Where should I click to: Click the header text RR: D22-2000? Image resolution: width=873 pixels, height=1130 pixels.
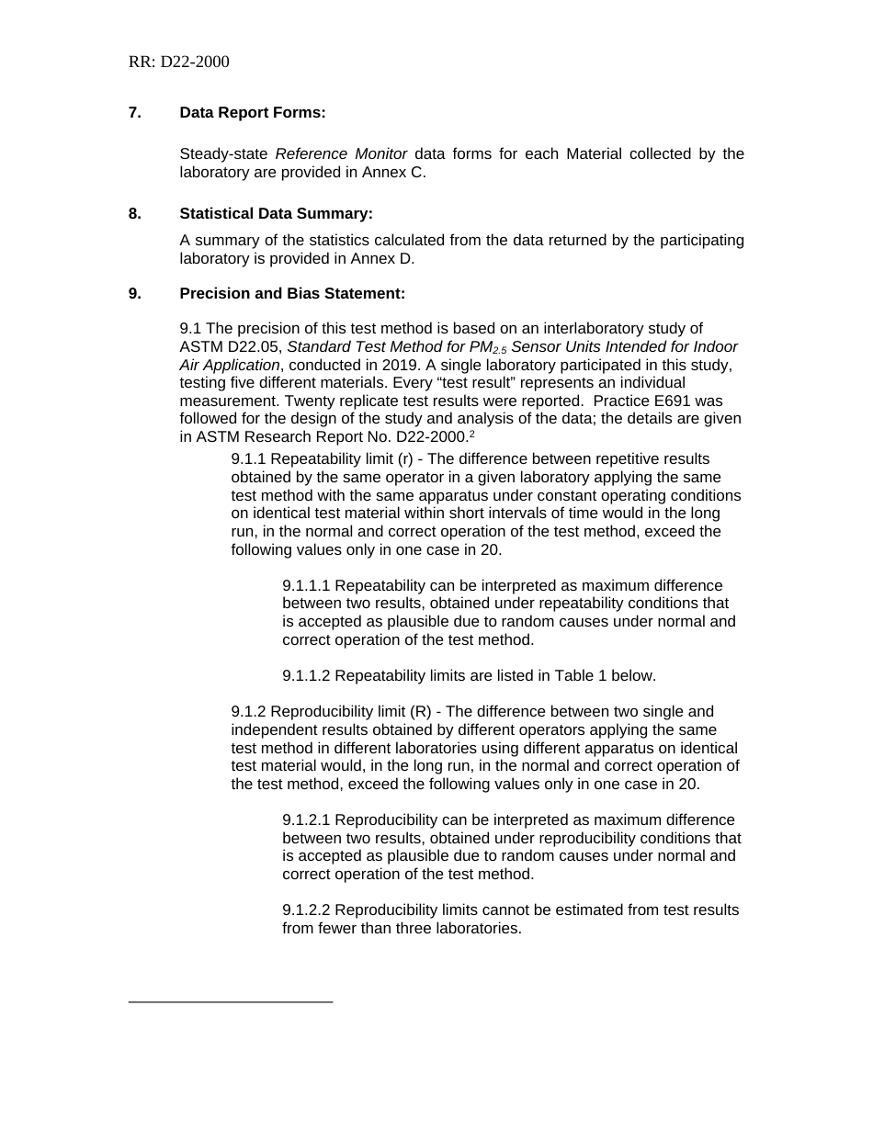tap(179, 62)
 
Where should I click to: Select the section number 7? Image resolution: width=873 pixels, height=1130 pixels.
tap(135, 113)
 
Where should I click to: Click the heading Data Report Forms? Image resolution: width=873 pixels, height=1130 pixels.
tap(253, 113)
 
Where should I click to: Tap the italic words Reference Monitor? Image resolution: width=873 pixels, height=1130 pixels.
tap(341, 153)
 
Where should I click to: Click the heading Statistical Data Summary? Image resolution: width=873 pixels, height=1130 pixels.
tap(276, 214)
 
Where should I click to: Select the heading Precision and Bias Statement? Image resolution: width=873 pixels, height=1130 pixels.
tap(292, 294)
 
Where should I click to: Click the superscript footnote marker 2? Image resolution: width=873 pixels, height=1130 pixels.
tap(472, 434)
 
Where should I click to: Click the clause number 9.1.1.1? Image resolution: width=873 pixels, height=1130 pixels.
tap(306, 586)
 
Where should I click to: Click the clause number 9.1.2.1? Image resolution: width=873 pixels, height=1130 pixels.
tap(306, 820)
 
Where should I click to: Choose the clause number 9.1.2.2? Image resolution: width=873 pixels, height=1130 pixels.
tap(306, 910)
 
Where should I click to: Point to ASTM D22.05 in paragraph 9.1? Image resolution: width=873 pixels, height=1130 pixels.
tap(230, 347)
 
